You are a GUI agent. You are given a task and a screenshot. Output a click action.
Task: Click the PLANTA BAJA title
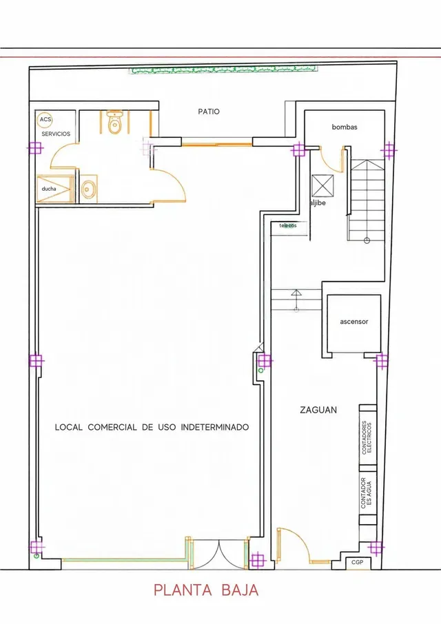(206, 590)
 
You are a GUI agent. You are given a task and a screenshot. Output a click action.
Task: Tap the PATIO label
(209, 112)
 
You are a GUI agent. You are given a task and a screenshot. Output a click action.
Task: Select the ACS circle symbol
(45, 119)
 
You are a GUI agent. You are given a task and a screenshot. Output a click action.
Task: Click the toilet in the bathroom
(114, 123)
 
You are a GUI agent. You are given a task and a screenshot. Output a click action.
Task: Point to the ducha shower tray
(55, 189)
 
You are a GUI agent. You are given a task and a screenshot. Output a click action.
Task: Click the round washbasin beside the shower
(89, 189)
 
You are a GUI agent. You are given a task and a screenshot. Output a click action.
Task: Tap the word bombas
(345, 127)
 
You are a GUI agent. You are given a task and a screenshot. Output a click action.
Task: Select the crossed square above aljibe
(322, 185)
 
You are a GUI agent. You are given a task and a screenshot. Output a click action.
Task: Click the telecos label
(288, 226)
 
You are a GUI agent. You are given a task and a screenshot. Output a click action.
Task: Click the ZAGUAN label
(318, 410)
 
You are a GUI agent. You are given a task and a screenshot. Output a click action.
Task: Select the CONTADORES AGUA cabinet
(368, 493)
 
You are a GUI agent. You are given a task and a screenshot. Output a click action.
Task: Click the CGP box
(358, 563)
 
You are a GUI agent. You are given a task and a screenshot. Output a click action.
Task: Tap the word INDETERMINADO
(215, 427)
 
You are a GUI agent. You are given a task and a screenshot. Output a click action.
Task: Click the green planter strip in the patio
(225, 70)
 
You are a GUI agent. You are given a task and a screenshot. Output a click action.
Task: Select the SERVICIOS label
(56, 134)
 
